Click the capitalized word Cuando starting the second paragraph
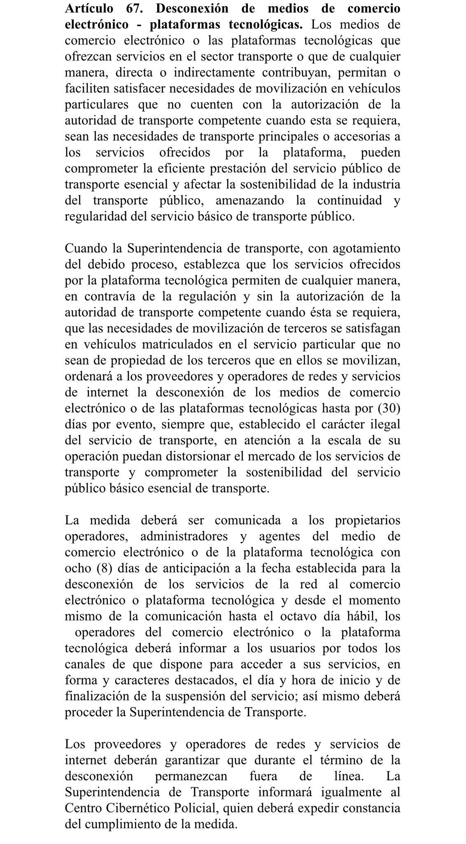click(x=85, y=249)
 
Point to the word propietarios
click(x=367, y=520)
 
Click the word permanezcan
click(x=191, y=776)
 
